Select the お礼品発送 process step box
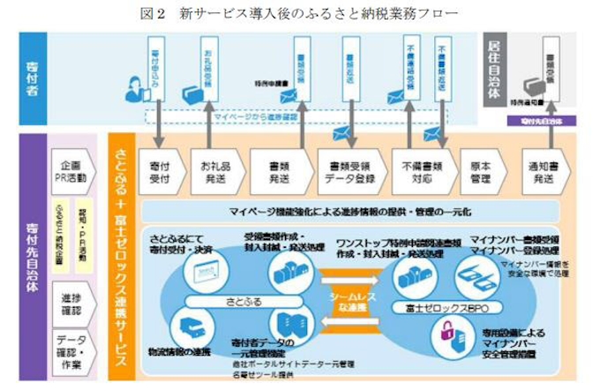(217, 169)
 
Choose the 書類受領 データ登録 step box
(347, 169)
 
